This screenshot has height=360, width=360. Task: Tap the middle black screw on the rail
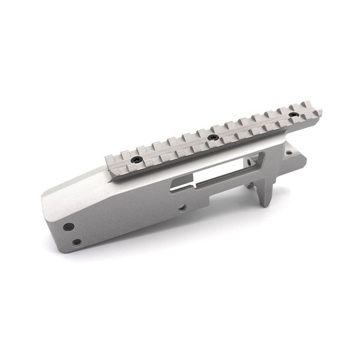tap(211, 137)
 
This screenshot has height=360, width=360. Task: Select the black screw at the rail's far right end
tap(293, 114)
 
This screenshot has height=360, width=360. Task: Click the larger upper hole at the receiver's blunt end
tap(69, 227)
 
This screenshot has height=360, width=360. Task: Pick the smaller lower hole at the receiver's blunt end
tap(76, 242)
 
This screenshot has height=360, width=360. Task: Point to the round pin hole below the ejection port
tap(179, 208)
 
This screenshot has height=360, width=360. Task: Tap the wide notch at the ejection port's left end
tap(179, 185)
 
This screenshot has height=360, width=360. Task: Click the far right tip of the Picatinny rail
tap(320, 112)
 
